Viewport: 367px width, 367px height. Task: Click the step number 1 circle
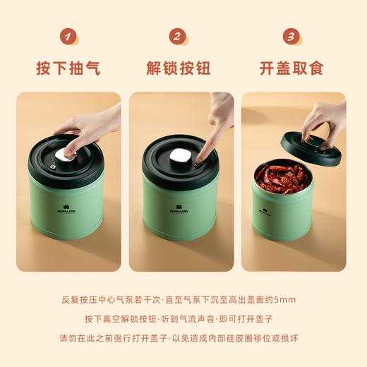pos(68,37)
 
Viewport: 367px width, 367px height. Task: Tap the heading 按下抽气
pos(68,68)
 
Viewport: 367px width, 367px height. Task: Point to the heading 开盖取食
pos(291,68)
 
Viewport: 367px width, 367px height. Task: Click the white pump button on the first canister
pos(69,151)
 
